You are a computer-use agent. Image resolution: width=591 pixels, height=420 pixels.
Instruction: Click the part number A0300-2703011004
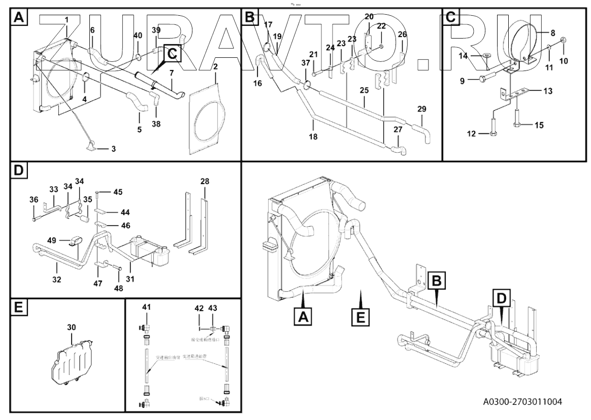pos(522,402)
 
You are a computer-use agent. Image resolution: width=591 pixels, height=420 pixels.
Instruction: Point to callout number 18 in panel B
pos(314,137)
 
